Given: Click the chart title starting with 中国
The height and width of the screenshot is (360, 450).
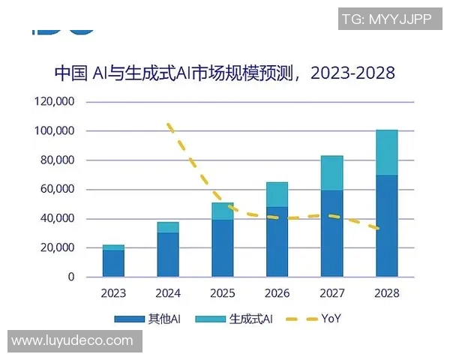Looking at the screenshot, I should (224, 73).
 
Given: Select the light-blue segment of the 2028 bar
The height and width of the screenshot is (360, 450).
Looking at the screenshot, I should (386, 152).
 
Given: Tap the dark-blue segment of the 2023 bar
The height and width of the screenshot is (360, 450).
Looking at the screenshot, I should (113, 263).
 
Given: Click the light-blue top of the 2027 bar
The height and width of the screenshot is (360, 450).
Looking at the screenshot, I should (331, 173).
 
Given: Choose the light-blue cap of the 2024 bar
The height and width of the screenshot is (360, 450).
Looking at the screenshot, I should (168, 227).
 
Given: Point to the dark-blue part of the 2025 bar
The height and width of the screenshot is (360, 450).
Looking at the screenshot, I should (223, 248).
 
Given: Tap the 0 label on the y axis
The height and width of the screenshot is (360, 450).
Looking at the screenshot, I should (71, 277).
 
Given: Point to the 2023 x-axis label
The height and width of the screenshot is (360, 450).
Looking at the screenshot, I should (113, 292).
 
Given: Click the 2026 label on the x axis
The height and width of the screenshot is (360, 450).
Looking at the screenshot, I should (277, 292).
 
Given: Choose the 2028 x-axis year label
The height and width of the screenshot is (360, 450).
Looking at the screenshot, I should (386, 292).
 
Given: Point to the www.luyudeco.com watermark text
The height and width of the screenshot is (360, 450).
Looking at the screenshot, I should (72, 341).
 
